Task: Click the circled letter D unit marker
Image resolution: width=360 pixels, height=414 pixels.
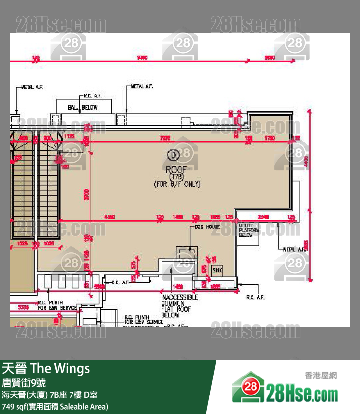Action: pyautogui.click(x=172, y=155)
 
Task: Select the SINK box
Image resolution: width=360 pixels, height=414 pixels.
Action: pyautogui.click(x=217, y=270)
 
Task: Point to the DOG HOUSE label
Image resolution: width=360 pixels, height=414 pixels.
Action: pyautogui.click(x=208, y=227)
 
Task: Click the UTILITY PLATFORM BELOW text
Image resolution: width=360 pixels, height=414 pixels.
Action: pyautogui.click(x=246, y=230)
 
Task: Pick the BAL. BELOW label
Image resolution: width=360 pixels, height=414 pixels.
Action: pyautogui.click(x=83, y=107)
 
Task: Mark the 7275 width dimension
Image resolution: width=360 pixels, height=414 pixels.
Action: pyautogui.click(x=165, y=138)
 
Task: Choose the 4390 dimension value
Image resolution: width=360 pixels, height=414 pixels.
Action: pyautogui.click(x=110, y=216)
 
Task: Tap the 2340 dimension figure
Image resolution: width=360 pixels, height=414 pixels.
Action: pyautogui.click(x=263, y=216)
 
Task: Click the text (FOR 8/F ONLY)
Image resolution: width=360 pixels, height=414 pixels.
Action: pyautogui.click(x=177, y=184)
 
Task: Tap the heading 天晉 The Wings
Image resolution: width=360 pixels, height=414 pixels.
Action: pyautogui.click(x=46, y=369)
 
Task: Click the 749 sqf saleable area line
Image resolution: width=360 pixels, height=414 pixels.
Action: pyautogui.click(x=55, y=406)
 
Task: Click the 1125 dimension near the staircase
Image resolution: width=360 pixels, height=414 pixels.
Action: pyautogui.click(x=69, y=137)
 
